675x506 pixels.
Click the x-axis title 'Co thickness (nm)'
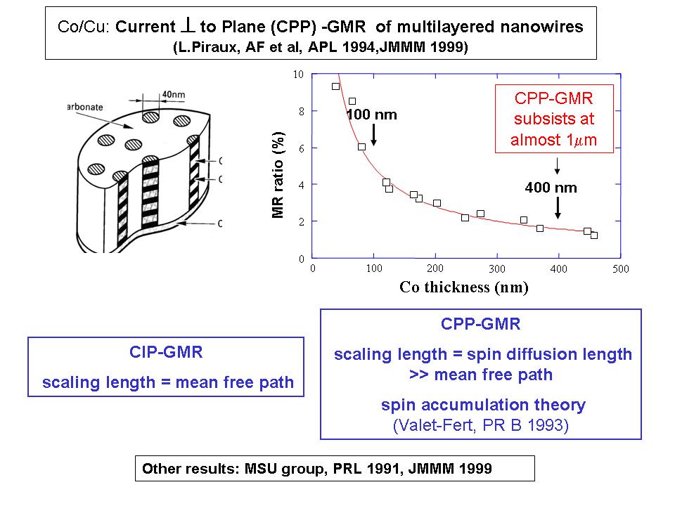[x=463, y=287]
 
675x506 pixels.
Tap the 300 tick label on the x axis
[x=498, y=269]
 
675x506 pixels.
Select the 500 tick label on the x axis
[x=620, y=269]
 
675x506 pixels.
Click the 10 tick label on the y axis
[x=299, y=74]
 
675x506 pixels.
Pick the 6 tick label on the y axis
[x=301, y=148]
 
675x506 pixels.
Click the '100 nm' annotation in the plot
[x=372, y=115]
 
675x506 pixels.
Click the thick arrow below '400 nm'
[x=558, y=207]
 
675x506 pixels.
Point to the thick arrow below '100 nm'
[x=373, y=134]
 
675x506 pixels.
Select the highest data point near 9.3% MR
[x=335, y=86]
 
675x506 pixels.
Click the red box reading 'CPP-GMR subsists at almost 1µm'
[x=555, y=118]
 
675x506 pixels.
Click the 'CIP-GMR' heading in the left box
[x=166, y=352]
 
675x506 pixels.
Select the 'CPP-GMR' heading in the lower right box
[x=481, y=324]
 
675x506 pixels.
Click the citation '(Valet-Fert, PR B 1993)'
[x=478, y=425]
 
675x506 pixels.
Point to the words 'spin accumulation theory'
[x=483, y=405]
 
